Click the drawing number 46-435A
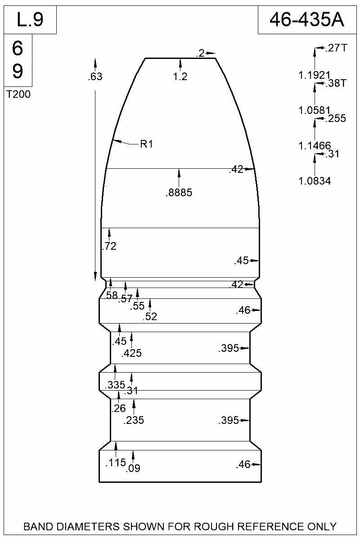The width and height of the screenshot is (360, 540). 306,20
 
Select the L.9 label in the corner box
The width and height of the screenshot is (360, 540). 30,20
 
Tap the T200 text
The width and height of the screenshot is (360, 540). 18,94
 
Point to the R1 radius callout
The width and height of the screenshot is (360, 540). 147,144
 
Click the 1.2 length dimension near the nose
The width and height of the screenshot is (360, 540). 180,77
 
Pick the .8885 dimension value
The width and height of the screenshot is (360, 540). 179,193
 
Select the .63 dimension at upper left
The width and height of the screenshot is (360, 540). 95,77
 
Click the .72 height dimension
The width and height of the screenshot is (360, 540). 109,246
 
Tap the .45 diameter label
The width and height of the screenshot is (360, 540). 242,261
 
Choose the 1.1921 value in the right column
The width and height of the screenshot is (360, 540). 315,75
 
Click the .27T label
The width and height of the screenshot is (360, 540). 336,48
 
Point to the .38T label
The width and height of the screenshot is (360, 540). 336,83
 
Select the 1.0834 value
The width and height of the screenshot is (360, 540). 315,181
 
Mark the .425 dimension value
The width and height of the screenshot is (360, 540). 131,354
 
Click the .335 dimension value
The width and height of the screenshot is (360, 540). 115,385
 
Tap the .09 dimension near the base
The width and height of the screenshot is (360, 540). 134,468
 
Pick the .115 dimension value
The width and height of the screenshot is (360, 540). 115,463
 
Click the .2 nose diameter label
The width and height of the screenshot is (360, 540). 200,54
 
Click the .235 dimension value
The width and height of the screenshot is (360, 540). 134,421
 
